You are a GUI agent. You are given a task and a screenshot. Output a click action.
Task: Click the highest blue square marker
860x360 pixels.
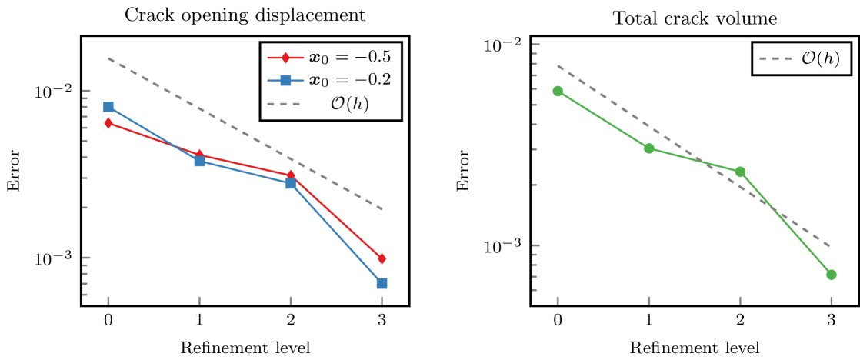tap(108, 107)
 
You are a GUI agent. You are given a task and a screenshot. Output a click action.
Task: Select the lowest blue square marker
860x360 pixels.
tap(382, 284)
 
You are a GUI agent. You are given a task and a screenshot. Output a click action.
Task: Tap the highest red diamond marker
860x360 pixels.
tap(108, 123)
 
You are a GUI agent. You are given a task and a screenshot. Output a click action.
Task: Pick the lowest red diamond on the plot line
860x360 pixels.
tap(382, 258)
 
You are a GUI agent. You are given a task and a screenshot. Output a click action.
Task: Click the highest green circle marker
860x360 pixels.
tap(558, 92)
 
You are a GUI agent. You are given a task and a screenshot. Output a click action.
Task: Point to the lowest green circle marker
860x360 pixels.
tap(831, 275)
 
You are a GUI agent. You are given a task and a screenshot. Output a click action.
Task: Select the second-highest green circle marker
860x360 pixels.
tap(648, 148)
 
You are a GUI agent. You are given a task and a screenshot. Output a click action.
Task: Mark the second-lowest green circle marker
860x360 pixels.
tap(740, 172)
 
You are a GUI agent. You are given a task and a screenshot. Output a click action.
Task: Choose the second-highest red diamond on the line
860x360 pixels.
tap(199, 155)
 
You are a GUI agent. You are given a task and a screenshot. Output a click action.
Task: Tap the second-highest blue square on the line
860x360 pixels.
tap(199, 162)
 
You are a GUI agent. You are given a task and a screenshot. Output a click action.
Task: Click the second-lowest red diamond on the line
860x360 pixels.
tap(291, 175)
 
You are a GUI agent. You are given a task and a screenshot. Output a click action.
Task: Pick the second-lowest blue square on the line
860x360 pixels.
tap(291, 184)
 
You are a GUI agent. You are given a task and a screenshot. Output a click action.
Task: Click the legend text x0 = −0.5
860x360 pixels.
tap(350, 57)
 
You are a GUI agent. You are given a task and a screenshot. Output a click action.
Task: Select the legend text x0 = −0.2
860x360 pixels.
tap(350, 80)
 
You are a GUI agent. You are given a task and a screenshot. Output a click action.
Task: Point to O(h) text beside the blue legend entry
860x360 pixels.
tap(349, 104)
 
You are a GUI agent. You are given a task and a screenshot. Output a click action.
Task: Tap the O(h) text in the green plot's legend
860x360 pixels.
tap(820, 58)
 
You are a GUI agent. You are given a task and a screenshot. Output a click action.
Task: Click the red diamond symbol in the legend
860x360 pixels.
tap(285, 58)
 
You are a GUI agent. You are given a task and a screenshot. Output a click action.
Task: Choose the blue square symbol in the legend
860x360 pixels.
tap(285, 80)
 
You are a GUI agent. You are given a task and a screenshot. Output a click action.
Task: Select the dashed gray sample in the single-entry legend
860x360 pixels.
tap(775, 58)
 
